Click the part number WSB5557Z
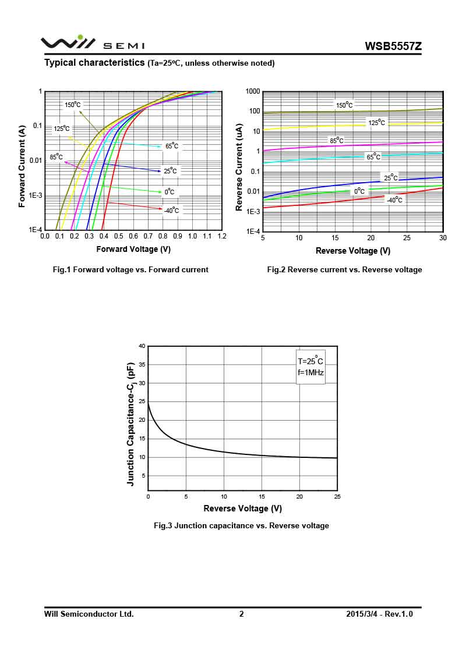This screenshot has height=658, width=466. pos(393,46)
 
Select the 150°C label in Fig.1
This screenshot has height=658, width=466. pos(73,105)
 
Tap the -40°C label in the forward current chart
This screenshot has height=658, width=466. pos(171,211)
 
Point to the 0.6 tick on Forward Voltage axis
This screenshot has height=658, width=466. pos(133,237)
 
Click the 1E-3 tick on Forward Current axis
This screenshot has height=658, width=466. pos(36,195)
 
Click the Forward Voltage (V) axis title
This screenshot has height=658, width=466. pos(133,249)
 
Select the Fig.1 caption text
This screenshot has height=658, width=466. pos(130,269)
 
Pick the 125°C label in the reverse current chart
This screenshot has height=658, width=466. pos(376,123)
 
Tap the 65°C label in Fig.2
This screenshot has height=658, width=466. pos(373,157)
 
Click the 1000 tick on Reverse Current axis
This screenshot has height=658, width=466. pos(252,91)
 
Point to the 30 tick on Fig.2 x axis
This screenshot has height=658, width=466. pos(442,238)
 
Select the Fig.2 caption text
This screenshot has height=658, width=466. pos(344,269)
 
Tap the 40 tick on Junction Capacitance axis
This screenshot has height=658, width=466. pos(142,346)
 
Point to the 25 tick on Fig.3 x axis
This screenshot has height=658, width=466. pos(337,497)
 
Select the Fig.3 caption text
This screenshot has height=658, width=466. pos(241,525)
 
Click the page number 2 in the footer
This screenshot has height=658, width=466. pos(241,614)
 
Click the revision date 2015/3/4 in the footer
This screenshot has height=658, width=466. pos(361,614)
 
